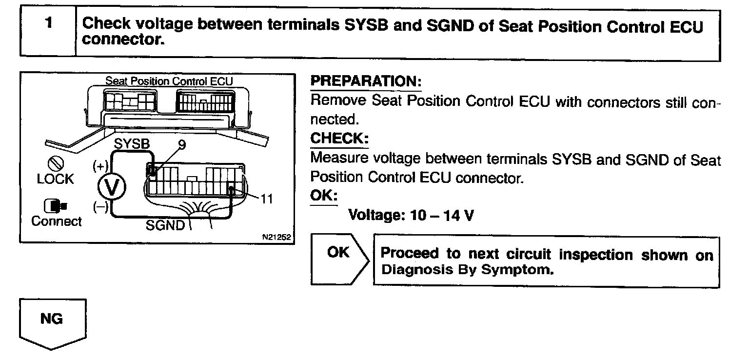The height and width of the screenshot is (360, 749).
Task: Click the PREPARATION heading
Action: click(x=366, y=81)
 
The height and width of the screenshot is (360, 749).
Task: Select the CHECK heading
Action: click(x=339, y=139)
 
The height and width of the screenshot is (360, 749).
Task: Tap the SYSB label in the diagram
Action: click(x=132, y=144)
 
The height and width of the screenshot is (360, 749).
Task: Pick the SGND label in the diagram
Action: click(x=166, y=225)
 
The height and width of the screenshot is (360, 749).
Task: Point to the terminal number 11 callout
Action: click(x=266, y=200)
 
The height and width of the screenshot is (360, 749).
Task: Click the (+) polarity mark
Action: click(x=100, y=166)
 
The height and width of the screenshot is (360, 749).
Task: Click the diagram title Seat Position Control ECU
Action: click(x=169, y=80)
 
